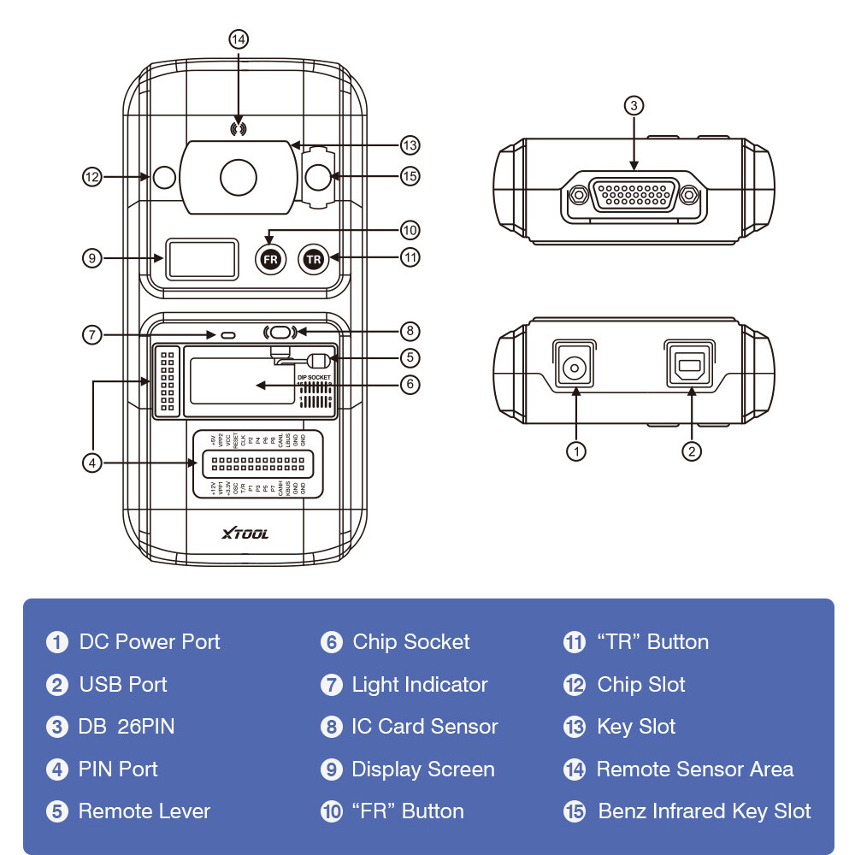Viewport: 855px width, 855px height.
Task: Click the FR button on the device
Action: (x=270, y=259)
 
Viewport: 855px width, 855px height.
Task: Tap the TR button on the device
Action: (x=314, y=259)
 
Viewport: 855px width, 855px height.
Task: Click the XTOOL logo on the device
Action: (x=245, y=534)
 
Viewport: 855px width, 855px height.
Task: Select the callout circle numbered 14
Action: (x=239, y=39)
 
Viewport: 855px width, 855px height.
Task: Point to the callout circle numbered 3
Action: (x=633, y=106)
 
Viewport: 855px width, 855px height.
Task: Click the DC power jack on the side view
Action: (x=575, y=369)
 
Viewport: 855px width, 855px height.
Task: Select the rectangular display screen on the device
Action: (x=203, y=258)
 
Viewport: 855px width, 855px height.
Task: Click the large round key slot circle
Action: (x=239, y=177)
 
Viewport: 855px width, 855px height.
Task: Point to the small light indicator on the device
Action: (x=227, y=335)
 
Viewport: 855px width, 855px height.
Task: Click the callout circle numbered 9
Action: (x=92, y=256)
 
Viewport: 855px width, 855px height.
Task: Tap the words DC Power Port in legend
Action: (x=150, y=642)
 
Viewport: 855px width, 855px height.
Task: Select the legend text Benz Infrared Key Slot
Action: (x=705, y=811)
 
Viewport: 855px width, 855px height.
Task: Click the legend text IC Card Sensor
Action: (x=425, y=727)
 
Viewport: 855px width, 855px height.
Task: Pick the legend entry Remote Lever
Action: (x=144, y=811)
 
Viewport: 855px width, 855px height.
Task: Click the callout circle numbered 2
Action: (x=691, y=450)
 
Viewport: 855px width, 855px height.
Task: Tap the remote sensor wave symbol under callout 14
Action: (x=239, y=129)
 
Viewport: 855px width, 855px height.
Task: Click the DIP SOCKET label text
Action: (x=313, y=377)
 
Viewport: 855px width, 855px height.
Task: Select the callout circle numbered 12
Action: (x=92, y=177)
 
